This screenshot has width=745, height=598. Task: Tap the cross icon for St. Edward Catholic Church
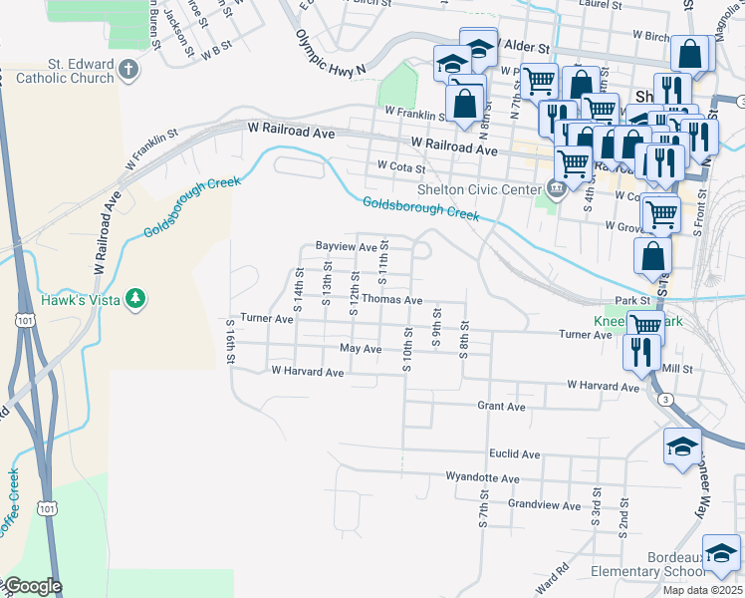coord(128,69)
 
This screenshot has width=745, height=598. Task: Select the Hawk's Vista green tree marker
coord(133,299)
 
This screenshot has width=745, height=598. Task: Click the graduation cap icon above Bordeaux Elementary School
coord(721,551)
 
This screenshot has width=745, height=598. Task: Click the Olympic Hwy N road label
coord(331,50)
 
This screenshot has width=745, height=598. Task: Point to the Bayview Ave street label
coord(346,245)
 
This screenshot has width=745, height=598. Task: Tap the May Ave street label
coord(361,349)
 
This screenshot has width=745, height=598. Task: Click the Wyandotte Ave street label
coord(483,477)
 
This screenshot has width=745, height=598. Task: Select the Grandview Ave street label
coord(543,505)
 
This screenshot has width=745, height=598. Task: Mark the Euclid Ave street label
coord(515,453)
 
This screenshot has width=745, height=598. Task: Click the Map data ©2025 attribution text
coord(701,590)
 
